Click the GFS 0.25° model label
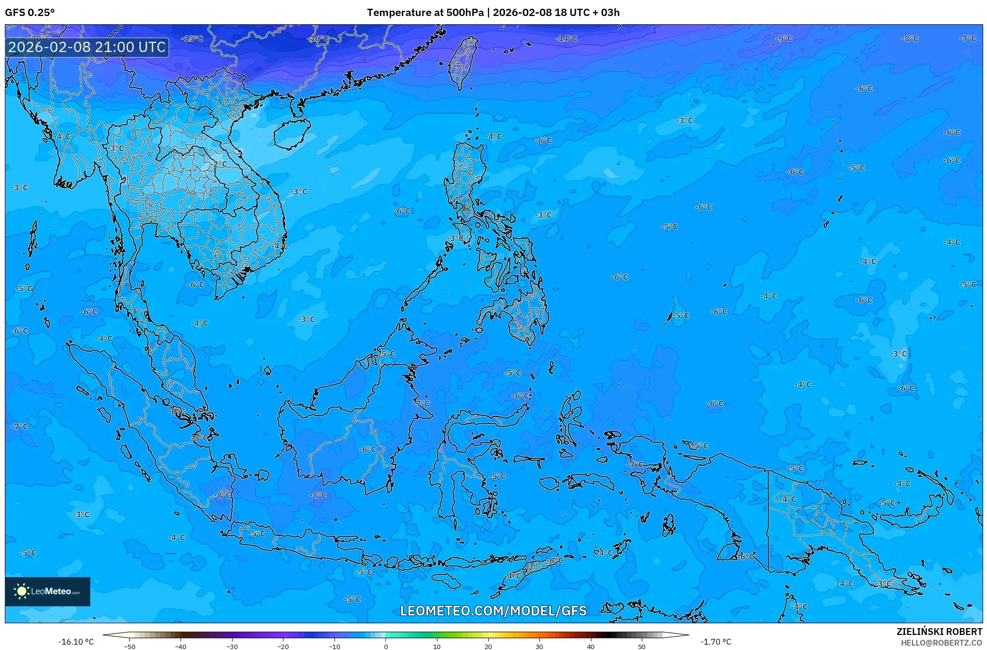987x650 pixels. point(30,13)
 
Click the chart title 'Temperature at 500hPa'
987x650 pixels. point(425,13)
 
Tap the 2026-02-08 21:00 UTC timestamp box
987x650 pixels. point(87,47)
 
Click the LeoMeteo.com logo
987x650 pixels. point(48,591)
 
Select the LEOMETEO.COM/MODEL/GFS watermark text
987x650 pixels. point(493,611)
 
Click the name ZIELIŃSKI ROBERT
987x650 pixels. point(939,632)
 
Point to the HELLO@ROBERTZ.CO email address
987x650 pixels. point(941,643)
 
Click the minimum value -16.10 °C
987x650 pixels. point(76,642)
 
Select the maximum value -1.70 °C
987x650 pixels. point(716,642)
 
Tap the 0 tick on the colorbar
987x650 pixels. point(386,646)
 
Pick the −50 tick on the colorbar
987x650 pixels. point(130,646)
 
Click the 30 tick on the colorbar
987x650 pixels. point(539,646)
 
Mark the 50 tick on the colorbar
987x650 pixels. point(642,646)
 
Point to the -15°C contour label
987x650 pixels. point(192,38)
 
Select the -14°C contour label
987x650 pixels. point(566,38)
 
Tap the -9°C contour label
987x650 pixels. point(783,38)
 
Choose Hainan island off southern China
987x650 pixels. point(291,133)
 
